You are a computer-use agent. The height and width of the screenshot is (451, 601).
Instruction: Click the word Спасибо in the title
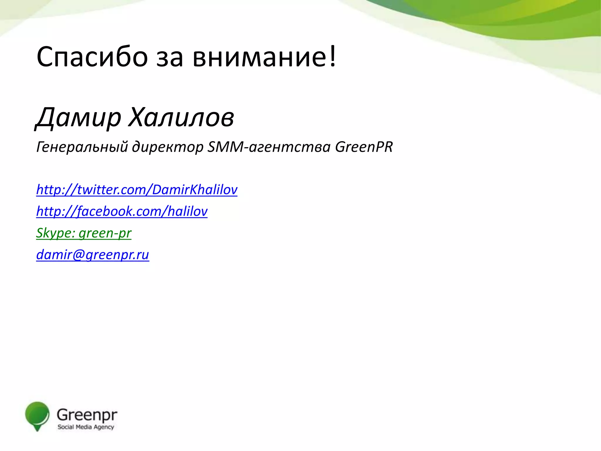[92, 57]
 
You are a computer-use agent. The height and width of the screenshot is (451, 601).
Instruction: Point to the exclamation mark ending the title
[332, 56]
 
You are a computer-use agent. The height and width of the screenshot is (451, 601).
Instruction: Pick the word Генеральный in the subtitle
[82, 147]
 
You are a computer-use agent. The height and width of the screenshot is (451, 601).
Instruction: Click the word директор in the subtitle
[168, 147]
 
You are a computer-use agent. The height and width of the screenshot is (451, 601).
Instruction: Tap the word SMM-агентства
[269, 147]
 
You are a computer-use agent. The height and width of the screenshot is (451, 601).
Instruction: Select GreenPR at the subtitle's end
[364, 147]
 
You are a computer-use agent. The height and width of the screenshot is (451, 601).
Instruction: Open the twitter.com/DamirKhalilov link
[137, 190]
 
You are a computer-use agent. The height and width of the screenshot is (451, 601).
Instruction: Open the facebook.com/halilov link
[122, 211]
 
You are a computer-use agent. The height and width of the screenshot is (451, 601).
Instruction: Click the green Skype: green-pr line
[84, 233]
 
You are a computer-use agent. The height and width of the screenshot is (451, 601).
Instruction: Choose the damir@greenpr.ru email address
[92, 255]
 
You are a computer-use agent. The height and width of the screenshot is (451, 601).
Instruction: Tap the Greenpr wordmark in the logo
[87, 415]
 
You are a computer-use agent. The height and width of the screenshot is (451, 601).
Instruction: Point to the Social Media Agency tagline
[86, 427]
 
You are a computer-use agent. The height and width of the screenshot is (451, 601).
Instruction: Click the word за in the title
[170, 57]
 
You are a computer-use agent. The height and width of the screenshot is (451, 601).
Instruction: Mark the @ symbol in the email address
[79, 255]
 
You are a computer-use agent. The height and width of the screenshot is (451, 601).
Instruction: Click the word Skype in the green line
[54, 233]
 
